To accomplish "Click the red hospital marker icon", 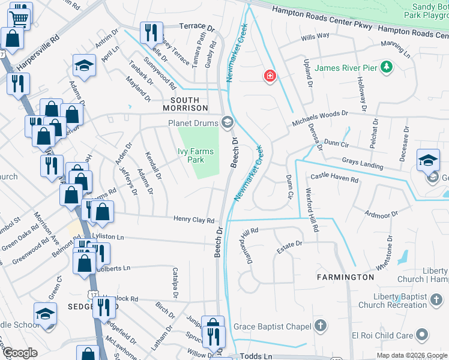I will [x=270, y=76].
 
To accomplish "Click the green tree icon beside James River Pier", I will [x=387, y=67].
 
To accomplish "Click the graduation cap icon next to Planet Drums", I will [x=227, y=123].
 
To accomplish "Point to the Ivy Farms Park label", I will [x=196, y=156].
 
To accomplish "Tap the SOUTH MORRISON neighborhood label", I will [x=188, y=100].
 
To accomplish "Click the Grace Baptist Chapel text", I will [x=272, y=326].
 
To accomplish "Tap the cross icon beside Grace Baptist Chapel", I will [x=321, y=326].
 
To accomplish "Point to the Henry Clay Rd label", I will [x=194, y=220].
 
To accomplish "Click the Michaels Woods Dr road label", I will [x=320, y=118].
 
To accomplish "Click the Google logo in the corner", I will [x=20, y=353].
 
